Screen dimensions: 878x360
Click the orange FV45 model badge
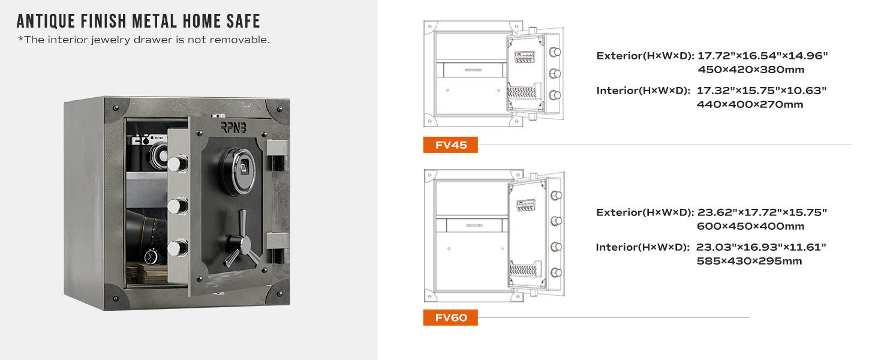pyautogui.click(x=450, y=145)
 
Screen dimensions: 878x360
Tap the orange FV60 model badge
pyautogui.click(x=450, y=317)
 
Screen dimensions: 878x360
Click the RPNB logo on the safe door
pyautogui.click(x=234, y=127)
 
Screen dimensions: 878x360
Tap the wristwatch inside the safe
pyautogui.click(x=151, y=256)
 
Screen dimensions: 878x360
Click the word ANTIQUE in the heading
pyautogui.click(x=46, y=21)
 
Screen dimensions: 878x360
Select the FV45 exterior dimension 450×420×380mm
pyautogui.click(x=751, y=70)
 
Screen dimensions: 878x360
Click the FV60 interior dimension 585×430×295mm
pyautogui.click(x=749, y=261)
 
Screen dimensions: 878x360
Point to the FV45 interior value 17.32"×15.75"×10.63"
pyautogui.click(x=761, y=91)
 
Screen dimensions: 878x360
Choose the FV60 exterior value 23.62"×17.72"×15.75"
pyautogui.click(x=762, y=212)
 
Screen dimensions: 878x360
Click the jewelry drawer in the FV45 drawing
pyautogui.click(x=473, y=70)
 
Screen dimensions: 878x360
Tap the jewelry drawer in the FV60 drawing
pyautogui.click(x=474, y=225)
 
